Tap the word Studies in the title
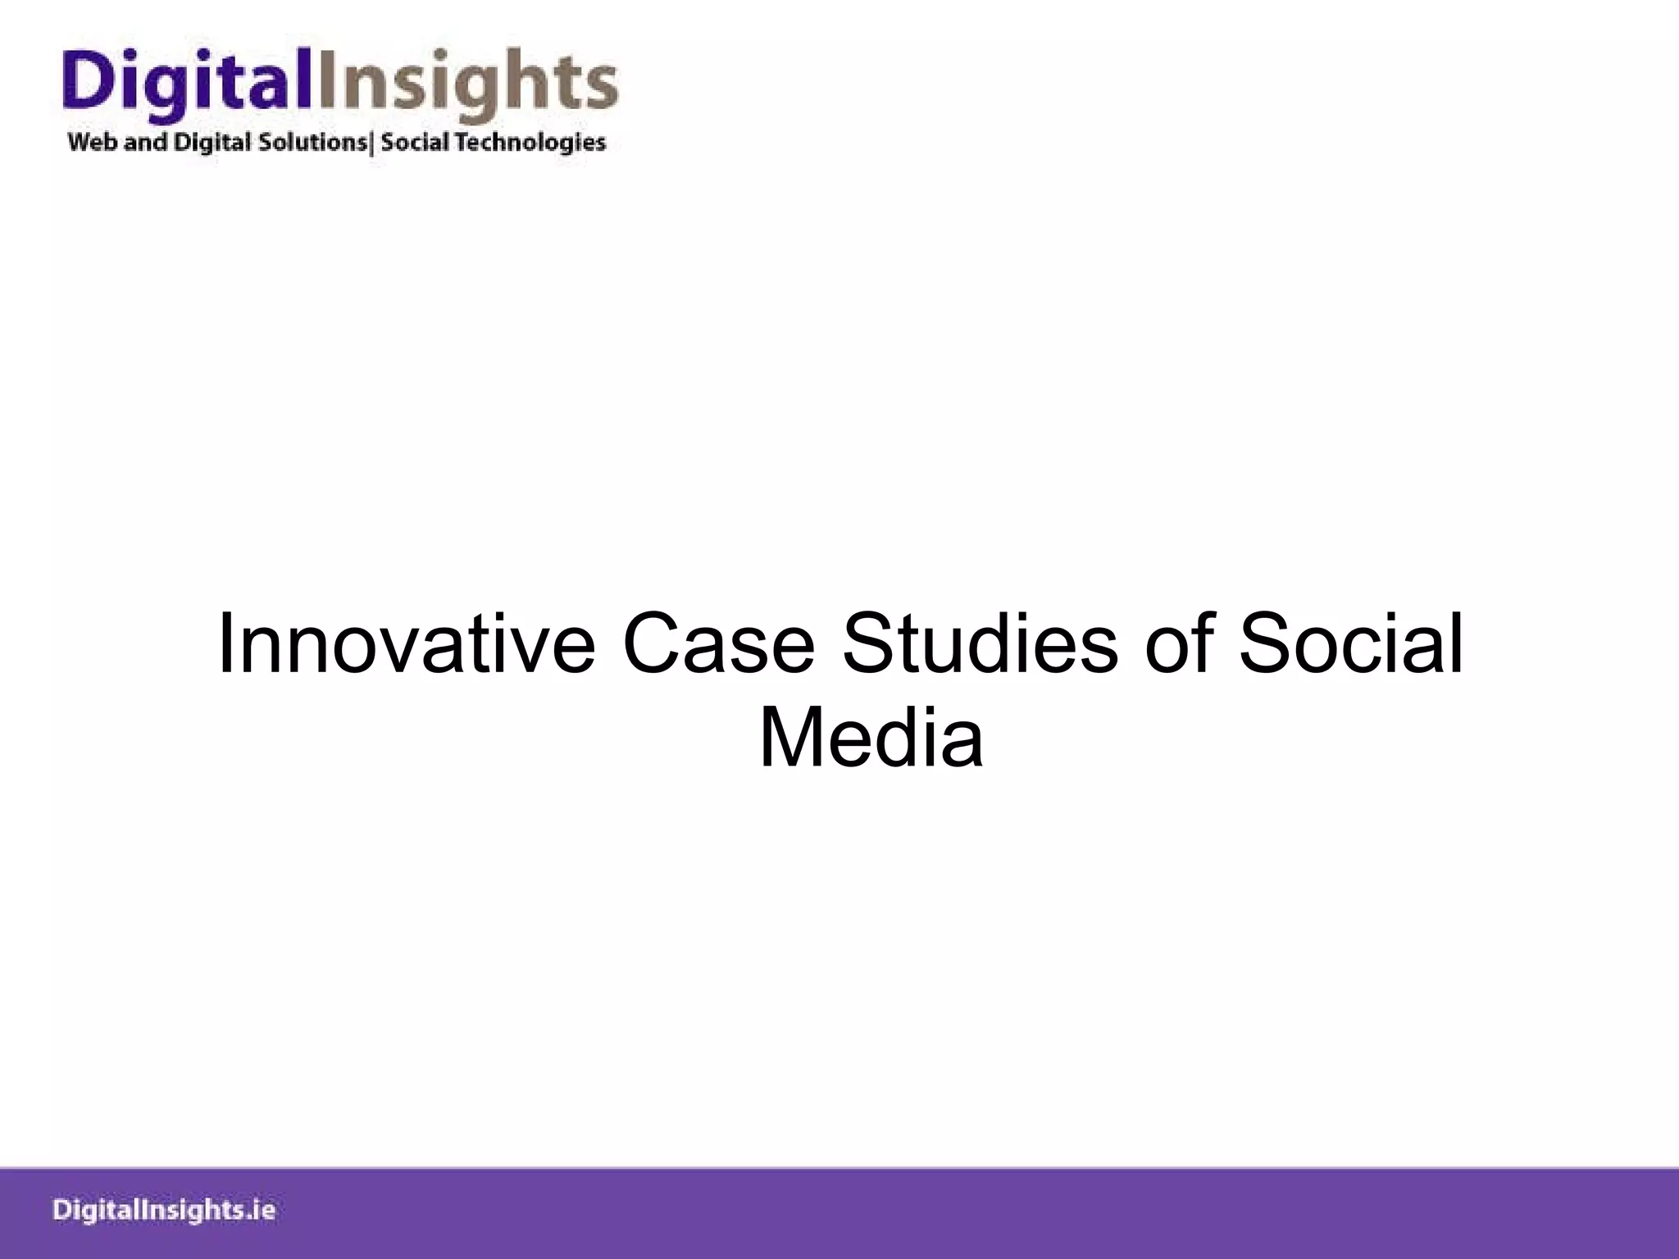[981, 645]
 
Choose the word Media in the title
[871, 740]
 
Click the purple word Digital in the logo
[187, 83]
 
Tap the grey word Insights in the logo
[466, 83]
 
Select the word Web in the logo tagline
[93, 143]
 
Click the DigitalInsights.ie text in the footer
[164, 1211]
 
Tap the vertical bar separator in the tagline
[373, 143]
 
